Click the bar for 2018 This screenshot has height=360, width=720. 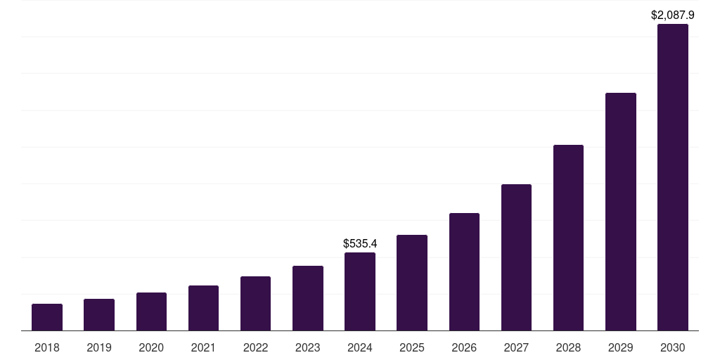pyautogui.click(x=47, y=317)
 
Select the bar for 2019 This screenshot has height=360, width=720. pyautogui.click(x=99, y=314)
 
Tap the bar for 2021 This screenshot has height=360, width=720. pyautogui.click(x=203, y=308)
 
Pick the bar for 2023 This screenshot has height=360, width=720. pyautogui.click(x=308, y=298)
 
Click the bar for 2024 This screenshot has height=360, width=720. pyautogui.click(x=360, y=291)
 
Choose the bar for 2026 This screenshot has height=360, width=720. pyautogui.click(x=464, y=271)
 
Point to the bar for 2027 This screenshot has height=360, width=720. pyautogui.click(x=516, y=257)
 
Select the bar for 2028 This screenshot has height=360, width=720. pyautogui.click(x=568, y=238)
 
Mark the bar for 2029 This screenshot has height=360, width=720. pyautogui.click(x=620, y=212)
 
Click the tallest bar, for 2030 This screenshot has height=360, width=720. pyautogui.click(x=673, y=177)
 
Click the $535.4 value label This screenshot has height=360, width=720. pyautogui.click(x=360, y=243)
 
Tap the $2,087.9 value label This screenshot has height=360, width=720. pyautogui.click(x=673, y=15)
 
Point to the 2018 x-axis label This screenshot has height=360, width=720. pyautogui.click(x=47, y=347)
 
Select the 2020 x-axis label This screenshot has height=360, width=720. pyautogui.click(x=151, y=347)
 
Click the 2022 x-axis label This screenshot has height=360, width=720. pyautogui.click(x=255, y=347)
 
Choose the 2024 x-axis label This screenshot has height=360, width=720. pyautogui.click(x=360, y=347)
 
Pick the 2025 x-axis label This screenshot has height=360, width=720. pyautogui.click(x=412, y=347)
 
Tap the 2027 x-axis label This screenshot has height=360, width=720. pyautogui.click(x=516, y=347)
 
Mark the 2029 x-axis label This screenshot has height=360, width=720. pyautogui.click(x=620, y=347)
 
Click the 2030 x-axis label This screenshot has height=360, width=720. pyautogui.click(x=673, y=347)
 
